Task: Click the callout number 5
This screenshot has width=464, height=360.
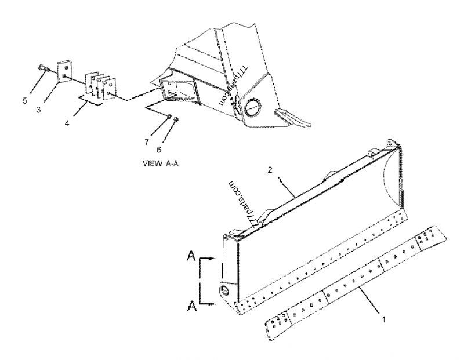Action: coord(24,100)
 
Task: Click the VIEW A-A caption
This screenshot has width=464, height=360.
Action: coord(160,163)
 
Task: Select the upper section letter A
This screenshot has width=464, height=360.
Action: coord(190,256)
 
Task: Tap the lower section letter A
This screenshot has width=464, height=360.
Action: coord(190,306)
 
